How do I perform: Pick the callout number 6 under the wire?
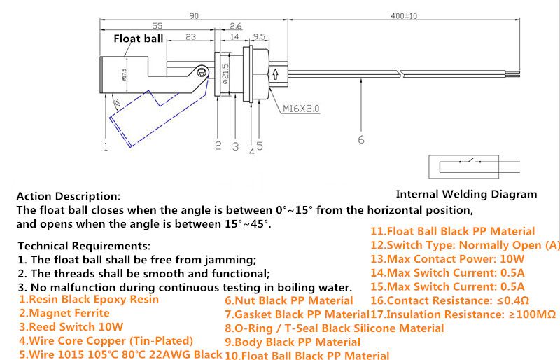[361, 140]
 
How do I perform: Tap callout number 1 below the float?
[106, 146]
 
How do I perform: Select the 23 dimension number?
[190, 38]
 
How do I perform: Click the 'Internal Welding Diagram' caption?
[467, 194]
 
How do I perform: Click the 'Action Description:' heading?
[68, 196]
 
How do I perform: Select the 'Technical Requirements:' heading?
[83, 246]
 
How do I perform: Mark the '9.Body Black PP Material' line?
[293, 342]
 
